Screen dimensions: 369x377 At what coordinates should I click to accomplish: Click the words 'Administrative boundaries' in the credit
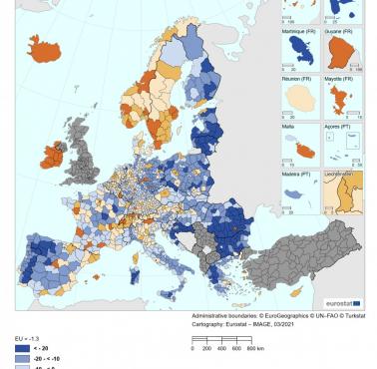tap(221, 315)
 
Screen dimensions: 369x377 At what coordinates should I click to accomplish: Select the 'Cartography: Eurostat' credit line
tap(229, 324)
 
